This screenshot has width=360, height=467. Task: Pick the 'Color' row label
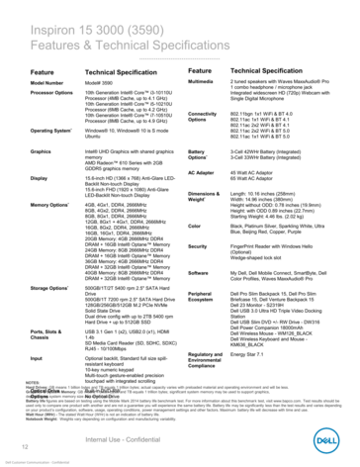(207, 226)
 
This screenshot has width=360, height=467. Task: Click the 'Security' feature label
(211, 244)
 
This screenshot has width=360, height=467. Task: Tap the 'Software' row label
(212, 271)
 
